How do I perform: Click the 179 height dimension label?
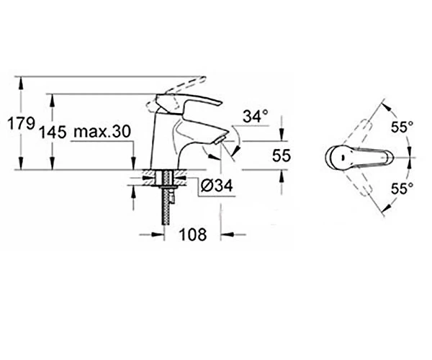click(x=21, y=123)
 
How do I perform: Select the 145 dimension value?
click(x=53, y=132)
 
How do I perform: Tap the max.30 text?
click(x=102, y=132)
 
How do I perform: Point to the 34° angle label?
click(x=256, y=116)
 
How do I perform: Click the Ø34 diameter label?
click(x=217, y=186)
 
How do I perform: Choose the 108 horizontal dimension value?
click(x=192, y=235)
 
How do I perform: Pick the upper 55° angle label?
click(x=402, y=127)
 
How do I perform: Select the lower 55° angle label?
click(x=402, y=189)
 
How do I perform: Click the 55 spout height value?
click(x=282, y=156)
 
